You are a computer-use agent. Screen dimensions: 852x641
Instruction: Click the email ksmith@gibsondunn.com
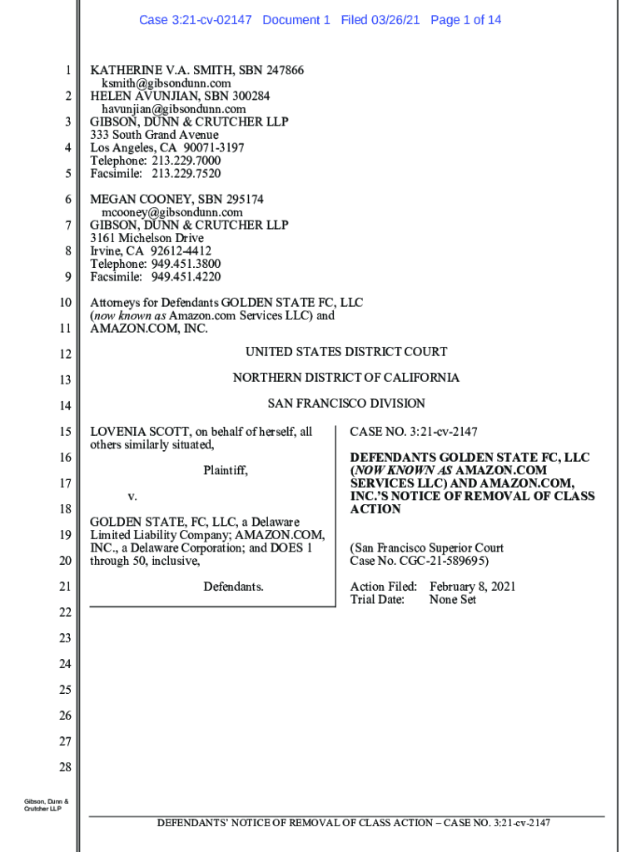[166, 83]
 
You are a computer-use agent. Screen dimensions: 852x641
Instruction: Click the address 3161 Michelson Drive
[147, 238]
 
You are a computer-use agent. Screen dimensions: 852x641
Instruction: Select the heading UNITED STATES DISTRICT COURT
[346, 352]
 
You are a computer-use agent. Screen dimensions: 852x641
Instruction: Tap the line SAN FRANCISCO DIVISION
[346, 404]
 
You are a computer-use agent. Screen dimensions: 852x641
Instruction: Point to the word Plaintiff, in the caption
[226, 471]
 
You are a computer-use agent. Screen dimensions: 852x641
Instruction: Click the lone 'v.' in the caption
[132, 497]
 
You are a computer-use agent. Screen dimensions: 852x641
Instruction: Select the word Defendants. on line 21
[233, 587]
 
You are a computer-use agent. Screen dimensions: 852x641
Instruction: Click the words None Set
[453, 599]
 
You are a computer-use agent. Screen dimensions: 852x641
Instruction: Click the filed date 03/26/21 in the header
[395, 20]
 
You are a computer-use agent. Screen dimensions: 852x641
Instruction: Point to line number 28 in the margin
[65, 767]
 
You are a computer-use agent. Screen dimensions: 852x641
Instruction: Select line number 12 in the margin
[65, 355]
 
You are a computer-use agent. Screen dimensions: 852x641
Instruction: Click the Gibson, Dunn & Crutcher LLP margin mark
[46, 805]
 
